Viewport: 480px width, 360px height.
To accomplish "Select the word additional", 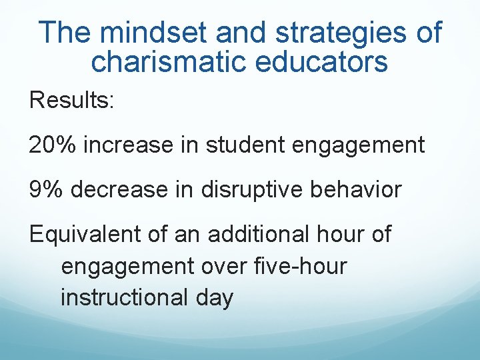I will pyautogui.click(x=257, y=234).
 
